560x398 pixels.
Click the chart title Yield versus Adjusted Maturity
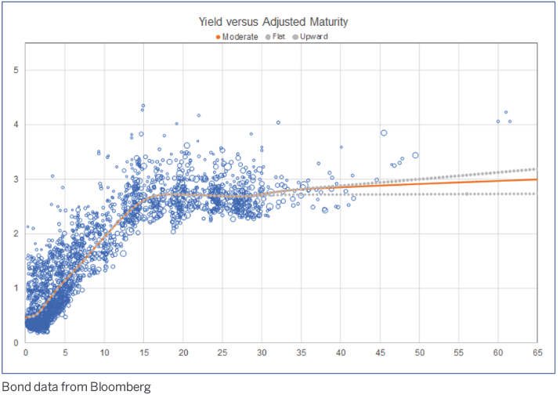click(280, 22)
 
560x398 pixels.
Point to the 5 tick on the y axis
click(16, 71)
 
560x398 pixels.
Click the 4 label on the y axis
click(16, 125)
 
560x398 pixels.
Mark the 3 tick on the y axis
click(16, 179)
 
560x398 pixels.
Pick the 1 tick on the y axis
click(16, 288)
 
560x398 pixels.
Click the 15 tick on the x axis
click(143, 353)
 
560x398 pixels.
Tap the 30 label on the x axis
click(262, 353)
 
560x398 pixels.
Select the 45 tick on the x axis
click(380, 353)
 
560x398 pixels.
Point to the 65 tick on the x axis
click(537, 353)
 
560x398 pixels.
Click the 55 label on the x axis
click(458, 353)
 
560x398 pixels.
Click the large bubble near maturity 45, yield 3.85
click(384, 133)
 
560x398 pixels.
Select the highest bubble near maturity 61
click(506, 112)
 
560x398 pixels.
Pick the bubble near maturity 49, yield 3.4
click(415, 155)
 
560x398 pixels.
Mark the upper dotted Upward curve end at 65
click(536, 168)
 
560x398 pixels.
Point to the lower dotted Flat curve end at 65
click(536, 194)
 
